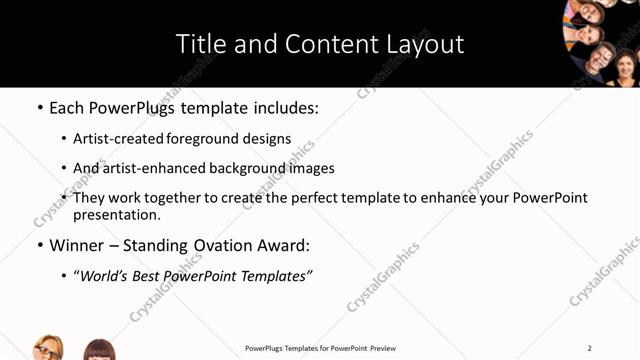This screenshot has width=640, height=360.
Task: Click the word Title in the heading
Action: point(199,44)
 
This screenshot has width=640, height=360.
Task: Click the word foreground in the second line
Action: point(210,138)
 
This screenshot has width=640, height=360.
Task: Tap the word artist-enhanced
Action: point(148,168)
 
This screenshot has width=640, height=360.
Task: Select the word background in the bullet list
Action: point(241,168)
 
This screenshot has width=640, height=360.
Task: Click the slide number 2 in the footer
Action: point(590,348)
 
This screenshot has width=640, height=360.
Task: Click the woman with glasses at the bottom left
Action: point(48,347)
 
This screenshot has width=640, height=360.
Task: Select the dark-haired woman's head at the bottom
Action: point(98,349)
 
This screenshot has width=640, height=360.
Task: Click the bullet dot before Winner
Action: point(39,245)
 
